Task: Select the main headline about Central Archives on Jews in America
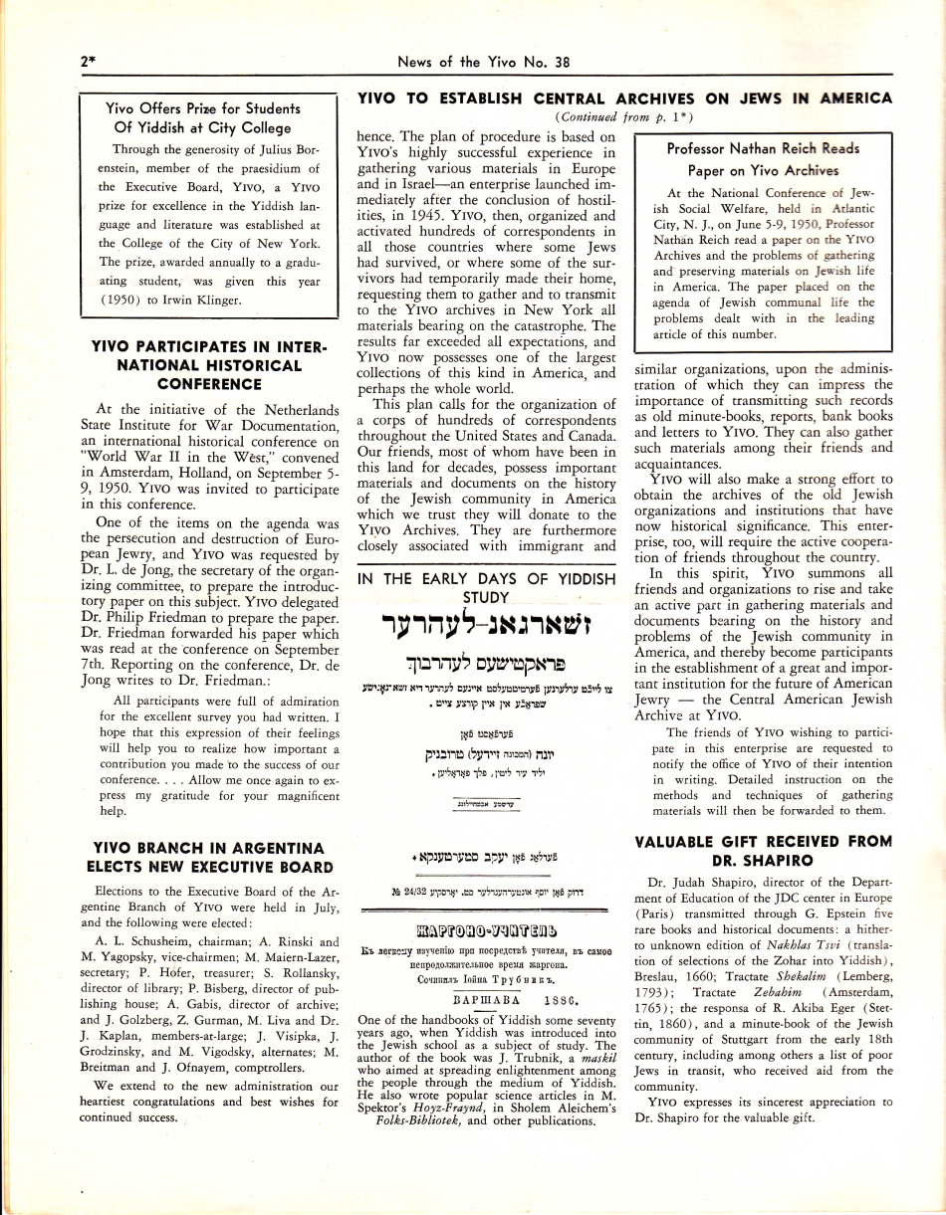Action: (624, 99)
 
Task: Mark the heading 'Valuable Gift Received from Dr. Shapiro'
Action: (763, 851)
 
